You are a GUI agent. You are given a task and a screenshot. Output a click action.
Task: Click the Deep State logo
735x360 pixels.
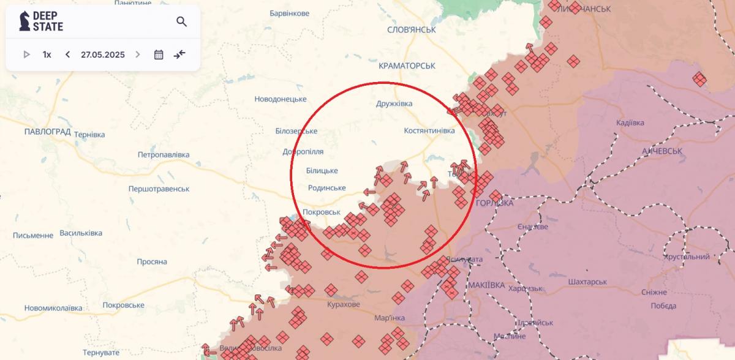pos(41,22)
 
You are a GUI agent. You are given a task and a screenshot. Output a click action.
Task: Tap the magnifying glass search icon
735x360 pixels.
pos(181,22)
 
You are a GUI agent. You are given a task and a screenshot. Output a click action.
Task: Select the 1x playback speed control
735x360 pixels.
pos(47,54)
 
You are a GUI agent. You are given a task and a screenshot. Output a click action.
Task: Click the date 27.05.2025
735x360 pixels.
pos(102,54)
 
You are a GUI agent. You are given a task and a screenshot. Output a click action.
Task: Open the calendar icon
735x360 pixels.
pos(159,54)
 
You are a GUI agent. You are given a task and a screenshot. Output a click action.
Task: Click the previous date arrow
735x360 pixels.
pos(67,54)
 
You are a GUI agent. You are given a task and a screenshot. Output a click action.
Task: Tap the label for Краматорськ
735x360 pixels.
pos(407,66)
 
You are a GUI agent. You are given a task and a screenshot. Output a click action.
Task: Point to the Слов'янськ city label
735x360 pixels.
pos(411,29)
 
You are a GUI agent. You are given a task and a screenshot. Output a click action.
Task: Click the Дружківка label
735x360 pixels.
pos(394,103)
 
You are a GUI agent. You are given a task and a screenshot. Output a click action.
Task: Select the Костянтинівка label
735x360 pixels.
pos(429,130)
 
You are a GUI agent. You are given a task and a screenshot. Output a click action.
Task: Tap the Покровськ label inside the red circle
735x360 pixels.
pos(321,212)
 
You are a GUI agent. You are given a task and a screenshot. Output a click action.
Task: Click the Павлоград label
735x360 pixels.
pos(48,132)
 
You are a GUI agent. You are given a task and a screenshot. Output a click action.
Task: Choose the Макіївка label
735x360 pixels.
pos(486,285)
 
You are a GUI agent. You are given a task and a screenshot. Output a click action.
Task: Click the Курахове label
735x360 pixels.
pos(344,304)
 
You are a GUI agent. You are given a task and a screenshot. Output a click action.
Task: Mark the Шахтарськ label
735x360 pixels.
pos(587,282)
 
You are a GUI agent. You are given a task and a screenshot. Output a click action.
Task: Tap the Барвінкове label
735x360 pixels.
pos(289,13)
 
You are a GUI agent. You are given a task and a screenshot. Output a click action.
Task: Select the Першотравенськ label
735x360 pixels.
pos(159,189)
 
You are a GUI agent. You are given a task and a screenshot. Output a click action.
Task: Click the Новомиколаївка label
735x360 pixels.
pos(53,308)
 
